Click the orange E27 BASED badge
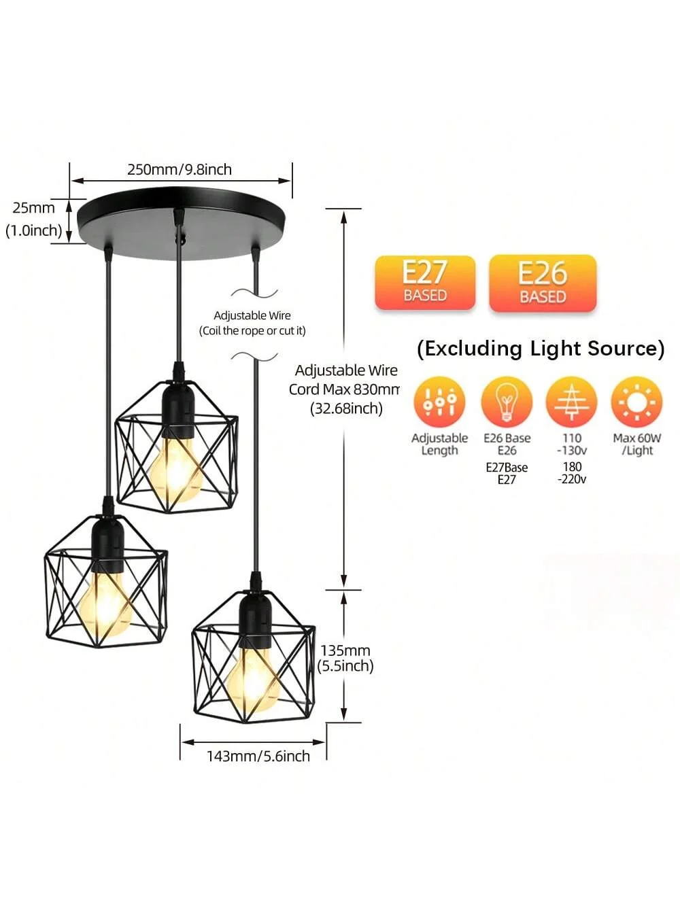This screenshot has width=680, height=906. pyautogui.click(x=425, y=283)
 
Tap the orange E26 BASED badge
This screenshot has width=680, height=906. pyautogui.click(x=543, y=283)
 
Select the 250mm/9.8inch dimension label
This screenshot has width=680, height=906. pyautogui.click(x=180, y=170)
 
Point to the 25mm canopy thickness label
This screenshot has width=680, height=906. pyautogui.click(x=33, y=207)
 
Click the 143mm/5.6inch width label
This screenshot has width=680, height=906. pyautogui.click(x=258, y=756)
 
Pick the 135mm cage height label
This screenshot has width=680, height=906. pyautogui.click(x=345, y=650)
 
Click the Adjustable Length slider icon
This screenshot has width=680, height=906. pyautogui.click(x=439, y=402)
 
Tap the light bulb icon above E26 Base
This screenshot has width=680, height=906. pyautogui.click(x=507, y=402)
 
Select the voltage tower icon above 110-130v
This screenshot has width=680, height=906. pyautogui.click(x=571, y=402)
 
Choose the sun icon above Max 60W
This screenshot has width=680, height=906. pyautogui.click(x=636, y=402)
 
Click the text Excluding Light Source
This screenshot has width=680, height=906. pyautogui.click(x=541, y=349)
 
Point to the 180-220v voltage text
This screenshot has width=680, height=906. pyautogui.click(x=572, y=472)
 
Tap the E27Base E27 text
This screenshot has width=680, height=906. pyautogui.click(x=507, y=473)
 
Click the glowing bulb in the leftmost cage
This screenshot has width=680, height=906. pyautogui.click(x=105, y=604)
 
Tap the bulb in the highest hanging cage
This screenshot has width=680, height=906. pyautogui.click(x=176, y=469)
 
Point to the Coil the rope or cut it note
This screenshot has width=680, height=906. pyautogui.click(x=252, y=330)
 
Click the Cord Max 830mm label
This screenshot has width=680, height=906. pyautogui.click(x=344, y=389)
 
